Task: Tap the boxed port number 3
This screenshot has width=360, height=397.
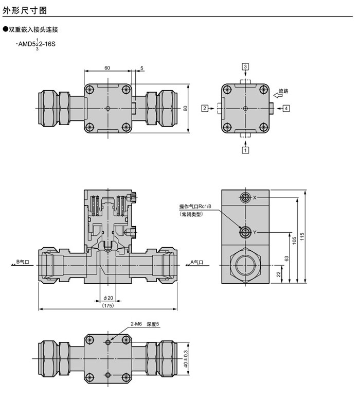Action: (x=246, y=67)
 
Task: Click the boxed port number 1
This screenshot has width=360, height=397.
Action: (x=246, y=150)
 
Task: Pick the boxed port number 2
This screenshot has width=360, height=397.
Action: (x=205, y=108)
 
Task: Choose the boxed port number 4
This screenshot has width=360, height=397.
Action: (x=286, y=108)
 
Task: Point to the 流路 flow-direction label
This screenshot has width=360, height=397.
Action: (x=283, y=91)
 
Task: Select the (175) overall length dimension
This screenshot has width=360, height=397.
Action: (x=107, y=306)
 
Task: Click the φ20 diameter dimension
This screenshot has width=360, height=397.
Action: (x=107, y=298)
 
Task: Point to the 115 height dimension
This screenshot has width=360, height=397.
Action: (x=302, y=236)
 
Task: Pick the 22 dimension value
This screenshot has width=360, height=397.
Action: (x=278, y=275)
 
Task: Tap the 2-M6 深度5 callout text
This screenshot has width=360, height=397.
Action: (x=145, y=324)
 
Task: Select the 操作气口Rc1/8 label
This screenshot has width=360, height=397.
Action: (x=195, y=206)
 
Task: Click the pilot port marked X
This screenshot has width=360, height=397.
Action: (x=245, y=198)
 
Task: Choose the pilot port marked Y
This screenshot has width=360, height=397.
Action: (x=245, y=232)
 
